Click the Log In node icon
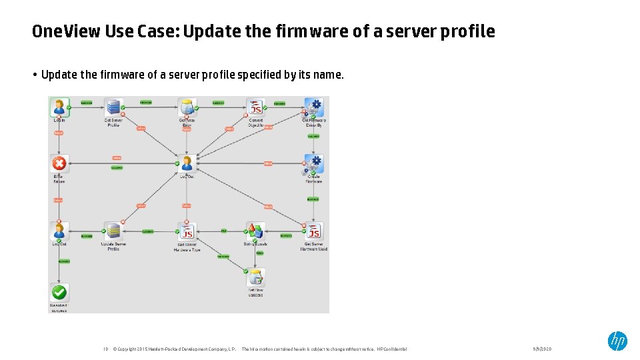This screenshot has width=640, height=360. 59,107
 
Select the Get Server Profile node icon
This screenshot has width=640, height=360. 113,107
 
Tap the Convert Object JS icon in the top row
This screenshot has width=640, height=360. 255,107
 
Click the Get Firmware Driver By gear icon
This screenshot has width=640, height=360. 313,107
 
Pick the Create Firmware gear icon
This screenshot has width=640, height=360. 313,164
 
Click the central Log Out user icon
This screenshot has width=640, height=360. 187,163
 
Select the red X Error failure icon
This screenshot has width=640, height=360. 59,164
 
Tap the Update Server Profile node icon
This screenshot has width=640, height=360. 113,231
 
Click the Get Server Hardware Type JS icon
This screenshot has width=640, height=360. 187,231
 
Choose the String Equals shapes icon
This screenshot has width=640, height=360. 255,231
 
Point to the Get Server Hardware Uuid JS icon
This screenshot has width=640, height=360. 313,231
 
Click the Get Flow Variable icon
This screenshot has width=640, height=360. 255,277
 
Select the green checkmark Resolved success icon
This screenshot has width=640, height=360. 59,292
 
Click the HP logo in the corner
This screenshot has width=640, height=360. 617,341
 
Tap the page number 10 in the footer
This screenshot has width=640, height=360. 105,349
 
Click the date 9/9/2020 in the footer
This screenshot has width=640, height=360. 542,349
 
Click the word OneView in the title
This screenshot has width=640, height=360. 65,31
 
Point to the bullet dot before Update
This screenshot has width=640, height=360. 34,75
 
